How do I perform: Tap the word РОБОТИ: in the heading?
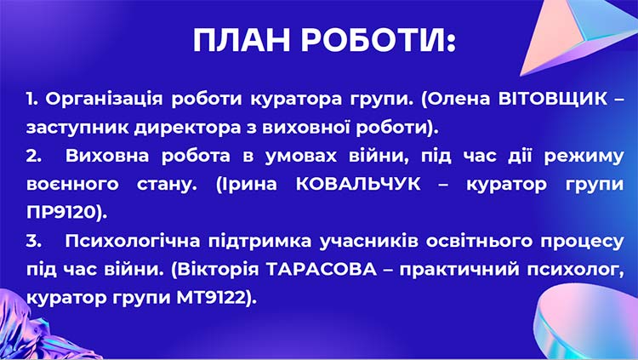pyautogui.click(x=379, y=40)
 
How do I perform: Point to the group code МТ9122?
pyautogui.click(x=219, y=300)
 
